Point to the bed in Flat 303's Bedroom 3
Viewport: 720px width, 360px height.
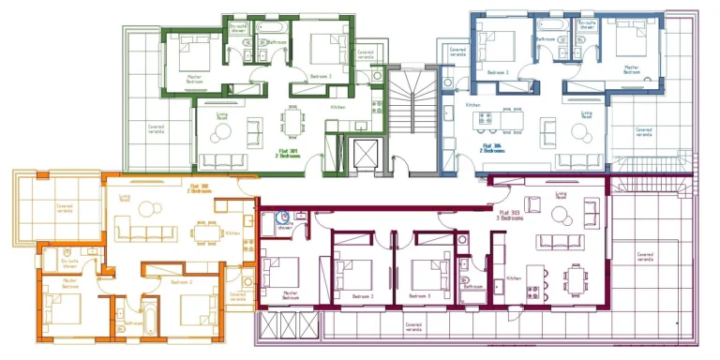tap(427, 275)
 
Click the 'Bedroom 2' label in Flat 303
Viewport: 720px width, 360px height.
tap(363, 295)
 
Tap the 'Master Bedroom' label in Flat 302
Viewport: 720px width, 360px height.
tap(69, 282)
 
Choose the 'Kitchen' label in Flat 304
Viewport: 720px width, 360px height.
tap(472, 105)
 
